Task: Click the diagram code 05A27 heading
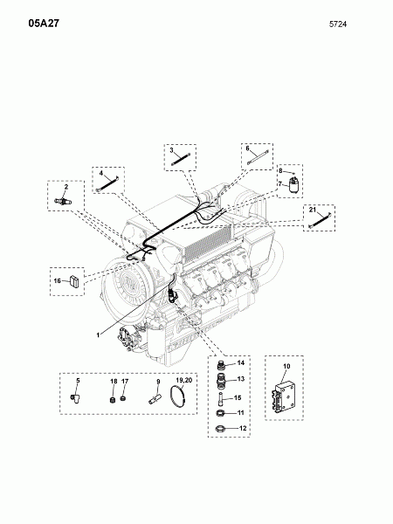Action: pyautogui.click(x=44, y=24)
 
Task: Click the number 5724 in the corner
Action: pyautogui.click(x=338, y=24)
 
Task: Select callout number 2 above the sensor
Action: pyautogui.click(x=66, y=187)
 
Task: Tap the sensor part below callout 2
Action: pyautogui.click(x=63, y=202)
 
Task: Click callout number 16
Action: pyautogui.click(x=57, y=280)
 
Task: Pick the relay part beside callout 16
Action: pyautogui.click(x=74, y=281)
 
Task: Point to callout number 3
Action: pyautogui.click(x=171, y=150)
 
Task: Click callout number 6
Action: pyautogui.click(x=248, y=148)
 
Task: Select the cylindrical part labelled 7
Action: pyautogui.click(x=293, y=186)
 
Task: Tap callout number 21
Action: pyautogui.click(x=313, y=210)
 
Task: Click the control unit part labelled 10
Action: pyautogui.click(x=285, y=397)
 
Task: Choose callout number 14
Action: pyautogui.click(x=241, y=363)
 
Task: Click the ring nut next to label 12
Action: pyautogui.click(x=220, y=428)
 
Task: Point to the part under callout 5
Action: pyautogui.click(x=75, y=397)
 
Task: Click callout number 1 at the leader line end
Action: pyautogui.click(x=98, y=335)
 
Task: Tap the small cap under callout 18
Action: pyautogui.click(x=113, y=399)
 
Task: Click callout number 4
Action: pyautogui.click(x=101, y=174)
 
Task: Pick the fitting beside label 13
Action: pyautogui.click(x=220, y=381)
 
